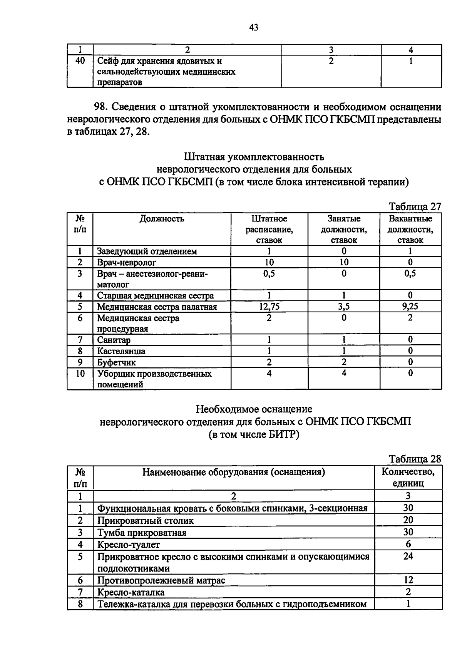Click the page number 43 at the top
(x=254, y=27)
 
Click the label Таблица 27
(x=415, y=206)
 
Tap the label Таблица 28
(x=415, y=459)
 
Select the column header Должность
(x=162, y=219)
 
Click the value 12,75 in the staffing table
(x=269, y=307)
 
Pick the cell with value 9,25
(x=410, y=307)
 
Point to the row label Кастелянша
(x=121, y=351)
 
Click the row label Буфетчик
(x=116, y=362)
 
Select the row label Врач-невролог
(x=127, y=263)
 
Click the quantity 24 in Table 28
(x=408, y=556)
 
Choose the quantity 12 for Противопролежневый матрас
(x=408, y=580)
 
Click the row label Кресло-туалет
(x=128, y=545)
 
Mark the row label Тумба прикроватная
(x=142, y=533)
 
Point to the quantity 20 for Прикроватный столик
(x=408, y=520)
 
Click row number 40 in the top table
(x=80, y=61)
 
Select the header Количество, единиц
(x=408, y=477)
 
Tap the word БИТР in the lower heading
(x=282, y=435)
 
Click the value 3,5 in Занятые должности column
(x=343, y=307)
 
